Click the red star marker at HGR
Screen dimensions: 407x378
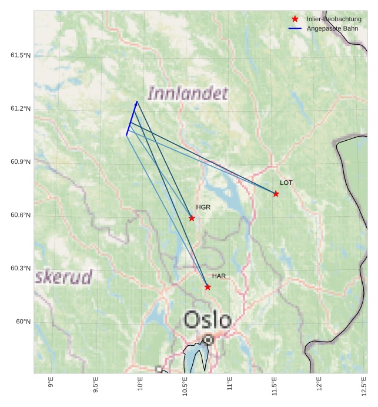pos(192,218)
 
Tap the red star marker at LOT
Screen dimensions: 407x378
pos(276,194)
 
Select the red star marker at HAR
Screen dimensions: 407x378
pos(208,287)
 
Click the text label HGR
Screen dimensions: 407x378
pos(203,207)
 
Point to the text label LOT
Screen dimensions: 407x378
pos(286,183)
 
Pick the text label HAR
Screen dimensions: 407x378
pos(219,276)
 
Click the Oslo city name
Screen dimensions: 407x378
pos(207,320)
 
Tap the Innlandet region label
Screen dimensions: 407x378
pos(188,93)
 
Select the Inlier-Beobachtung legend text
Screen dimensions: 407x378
pos(334,19)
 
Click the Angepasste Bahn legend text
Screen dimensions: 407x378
pos(332,28)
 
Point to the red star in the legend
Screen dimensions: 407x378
pos(295,19)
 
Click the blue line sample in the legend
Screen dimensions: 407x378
pos(295,28)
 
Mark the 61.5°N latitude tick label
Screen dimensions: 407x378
pos(21,55)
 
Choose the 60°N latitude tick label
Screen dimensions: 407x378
pos(23,322)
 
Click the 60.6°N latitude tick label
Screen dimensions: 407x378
pos(21,215)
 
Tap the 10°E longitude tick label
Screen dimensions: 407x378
pos(140,385)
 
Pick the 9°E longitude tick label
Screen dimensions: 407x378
pos(51,383)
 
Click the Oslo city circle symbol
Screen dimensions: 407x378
pos(208,340)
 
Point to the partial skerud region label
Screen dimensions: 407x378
pos(63,277)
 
